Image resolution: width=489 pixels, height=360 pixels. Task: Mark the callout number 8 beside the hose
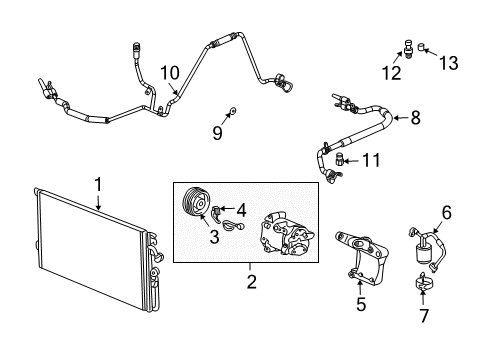[x=415, y=119]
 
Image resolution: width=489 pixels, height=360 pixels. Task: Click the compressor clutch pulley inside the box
[x=193, y=207]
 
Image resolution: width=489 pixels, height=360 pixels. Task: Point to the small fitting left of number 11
[x=340, y=157]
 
